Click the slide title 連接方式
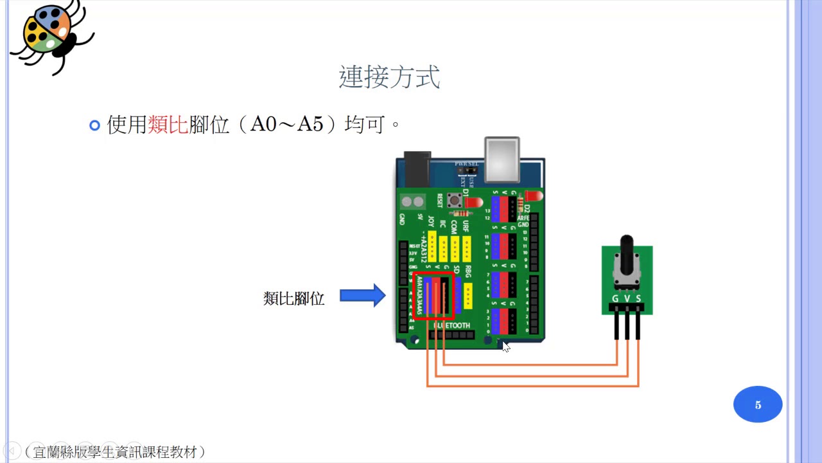coord(389,77)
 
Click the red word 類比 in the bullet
coord(168,124)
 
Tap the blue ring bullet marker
coord(95,125)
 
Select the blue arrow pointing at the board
coord(362,295)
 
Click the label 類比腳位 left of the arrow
coord(293,298)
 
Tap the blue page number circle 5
coord(758,404)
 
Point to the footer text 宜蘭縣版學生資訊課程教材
coord(115,452)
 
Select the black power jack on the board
coord(415,168)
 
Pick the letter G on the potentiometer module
coord(615,298)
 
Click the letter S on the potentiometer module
coord(638,298)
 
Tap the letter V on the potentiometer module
coord(627,298)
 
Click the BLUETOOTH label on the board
coord(452,326)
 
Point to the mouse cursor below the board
coord(505,346)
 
